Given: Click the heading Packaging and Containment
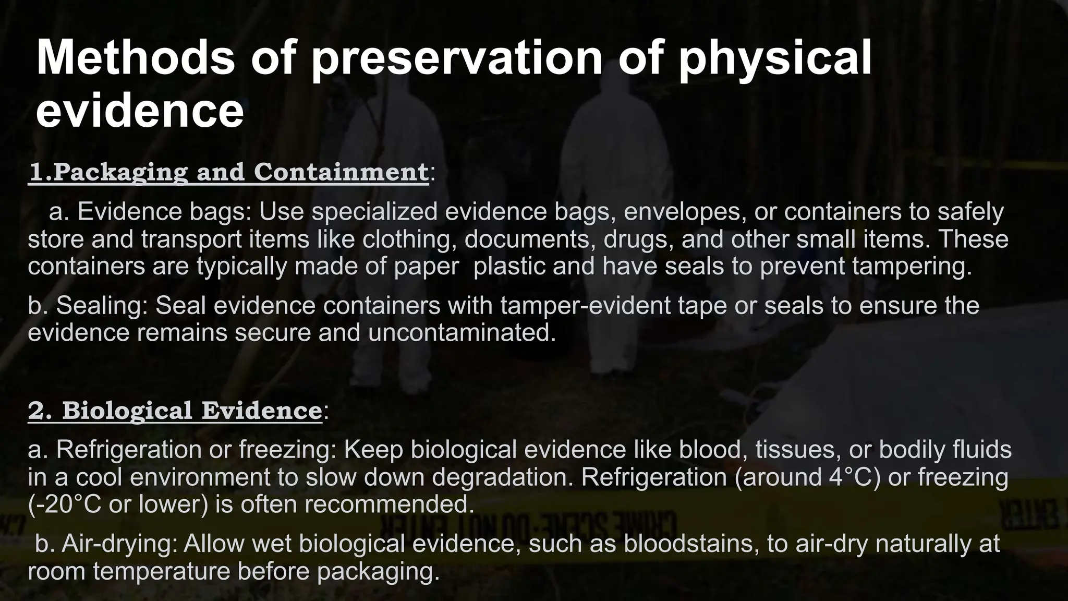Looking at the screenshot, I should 228,172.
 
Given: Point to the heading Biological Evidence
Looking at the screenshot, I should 175,411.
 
